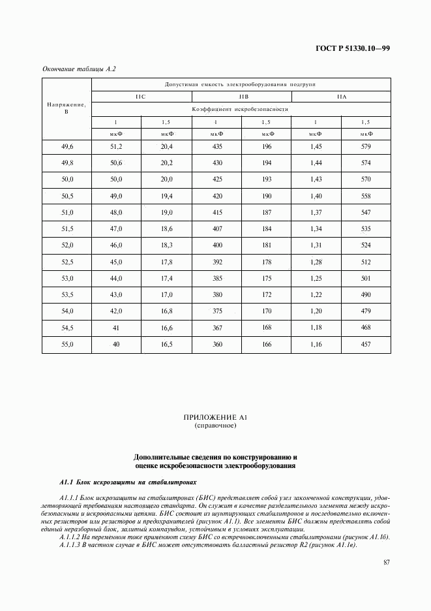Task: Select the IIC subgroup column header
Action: [x=141, y=97]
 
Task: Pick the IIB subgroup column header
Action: [x=241, y=97]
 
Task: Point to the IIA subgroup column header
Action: [x=341, y=97]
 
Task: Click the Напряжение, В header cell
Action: [x=67, y=108]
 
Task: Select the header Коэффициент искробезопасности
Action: [x=241, y=110]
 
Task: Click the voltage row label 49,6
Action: [x=67, y=146]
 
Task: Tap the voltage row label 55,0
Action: [x=67, y=343]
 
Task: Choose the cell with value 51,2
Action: [x=116, y=146]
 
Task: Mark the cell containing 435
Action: [x=216, y=146]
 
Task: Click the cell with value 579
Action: [x=366, y=146]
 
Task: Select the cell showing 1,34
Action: [x=316, y=228]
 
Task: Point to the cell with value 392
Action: [x=216, y=261]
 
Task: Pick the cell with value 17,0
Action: [x=166, y=294]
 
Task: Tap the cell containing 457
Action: [x=366, y=343]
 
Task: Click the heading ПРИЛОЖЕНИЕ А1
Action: [x=215, y=416]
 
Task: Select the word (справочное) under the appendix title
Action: [x=215, y=425]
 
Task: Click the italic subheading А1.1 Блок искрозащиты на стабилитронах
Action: [x=128, y=482]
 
